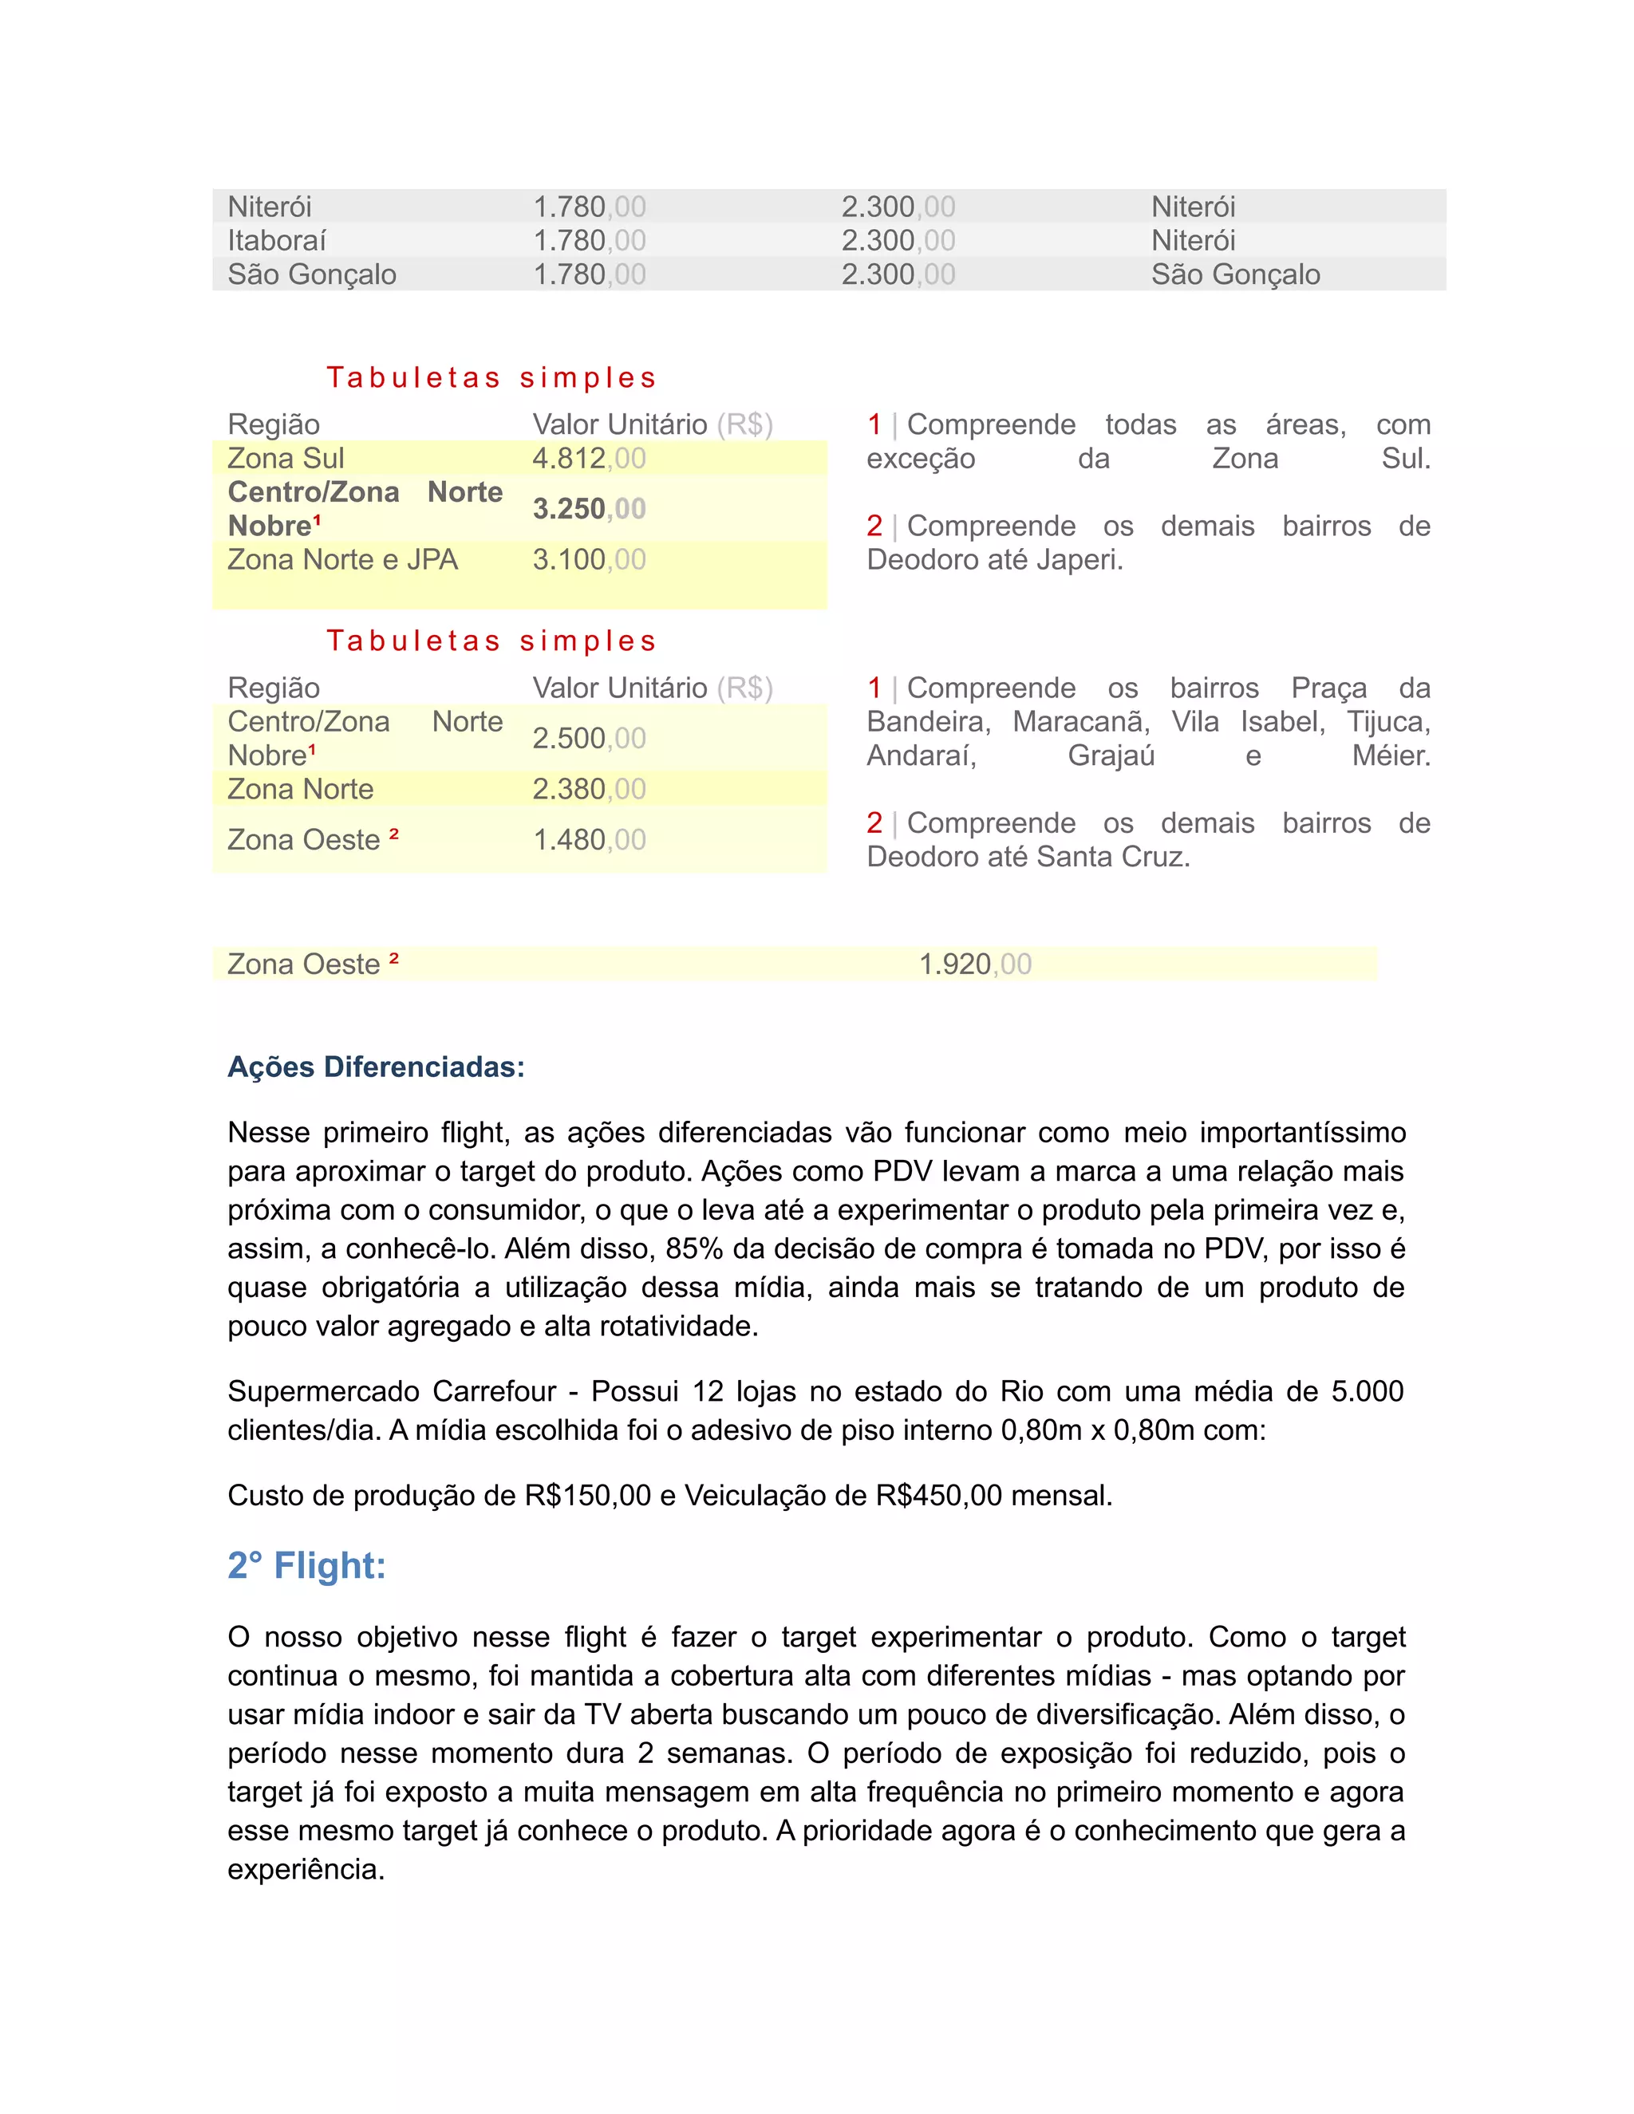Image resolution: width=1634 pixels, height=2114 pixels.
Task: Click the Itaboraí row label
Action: (x=277, y=240)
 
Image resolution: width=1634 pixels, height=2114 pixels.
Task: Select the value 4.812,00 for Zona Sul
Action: (x=589, y=458)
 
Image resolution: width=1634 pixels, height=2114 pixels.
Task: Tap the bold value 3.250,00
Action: (x=589, y=508)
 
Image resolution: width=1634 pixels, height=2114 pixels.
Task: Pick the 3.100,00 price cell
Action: (x=589, y=559)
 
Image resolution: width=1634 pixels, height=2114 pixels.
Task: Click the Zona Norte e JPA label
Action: (x=342, y=559)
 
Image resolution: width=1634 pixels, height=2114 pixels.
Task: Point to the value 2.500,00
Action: (x=589, y=739)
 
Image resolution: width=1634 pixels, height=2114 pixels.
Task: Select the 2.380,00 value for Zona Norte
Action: (x=589, y=789)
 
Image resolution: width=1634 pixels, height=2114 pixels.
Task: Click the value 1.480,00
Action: (x=589, y=839)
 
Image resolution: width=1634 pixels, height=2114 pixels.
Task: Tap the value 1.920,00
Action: (x=975, y=964)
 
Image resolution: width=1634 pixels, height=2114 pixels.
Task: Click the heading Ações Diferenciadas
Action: (x=376, y=1067)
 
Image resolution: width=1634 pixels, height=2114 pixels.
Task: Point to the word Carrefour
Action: (x=494, y=1391)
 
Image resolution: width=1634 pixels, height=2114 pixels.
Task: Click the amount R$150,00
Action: (x=587, y=1496)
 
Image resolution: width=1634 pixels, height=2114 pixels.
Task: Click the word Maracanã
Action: (x=1080, y=721)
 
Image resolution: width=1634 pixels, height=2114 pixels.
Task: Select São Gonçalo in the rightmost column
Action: (x=1235, y=275)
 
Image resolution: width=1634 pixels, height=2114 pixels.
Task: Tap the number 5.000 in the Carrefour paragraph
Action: (x=1367, y=1391)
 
